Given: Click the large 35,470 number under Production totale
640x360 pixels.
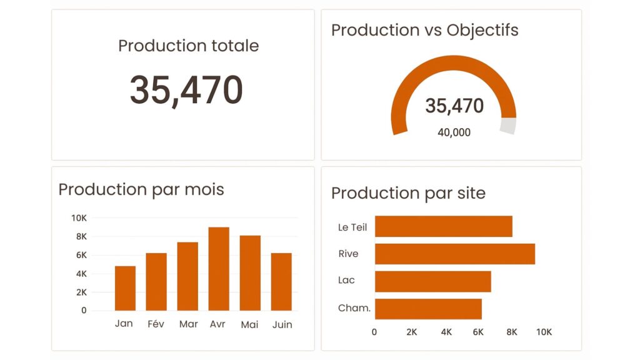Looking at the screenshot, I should [x=186, y=89].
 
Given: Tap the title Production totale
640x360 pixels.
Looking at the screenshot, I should [x=188, y=46].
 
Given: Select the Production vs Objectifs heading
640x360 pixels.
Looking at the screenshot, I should [x=424, y=30].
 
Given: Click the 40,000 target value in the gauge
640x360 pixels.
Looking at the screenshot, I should [x=454, y=132].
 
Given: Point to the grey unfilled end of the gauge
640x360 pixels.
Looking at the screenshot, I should [x=508, y=126].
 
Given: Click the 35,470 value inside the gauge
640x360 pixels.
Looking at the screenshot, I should [x=454, y=106].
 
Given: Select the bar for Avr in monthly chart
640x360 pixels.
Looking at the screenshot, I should [x=219, y=269].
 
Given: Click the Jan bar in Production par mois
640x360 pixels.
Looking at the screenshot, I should [x=125, y=288].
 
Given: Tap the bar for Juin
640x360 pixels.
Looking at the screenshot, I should [x=281, y=282].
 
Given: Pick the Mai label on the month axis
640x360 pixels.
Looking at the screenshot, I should [x=249, y=324].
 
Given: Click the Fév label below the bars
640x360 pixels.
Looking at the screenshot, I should [x=156, y=324].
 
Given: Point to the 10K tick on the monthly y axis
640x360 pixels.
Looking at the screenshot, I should [x=79, y=218].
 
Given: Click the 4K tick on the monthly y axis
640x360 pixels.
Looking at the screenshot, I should [x=81, y=274].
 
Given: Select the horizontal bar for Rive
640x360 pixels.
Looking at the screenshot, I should [x=454, y=254].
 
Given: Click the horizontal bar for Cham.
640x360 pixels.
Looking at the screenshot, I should [x=428, y=309].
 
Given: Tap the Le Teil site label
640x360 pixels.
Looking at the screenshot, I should [x=352, y=227].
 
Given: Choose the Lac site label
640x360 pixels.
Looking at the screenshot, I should [x=346, y=280].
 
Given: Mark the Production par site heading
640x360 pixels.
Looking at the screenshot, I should [x=408, y=193].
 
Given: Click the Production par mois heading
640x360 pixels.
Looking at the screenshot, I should [x=141, y=189].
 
